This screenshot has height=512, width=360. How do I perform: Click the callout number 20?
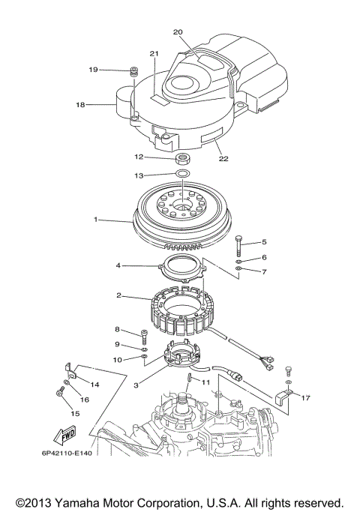coord(178,32)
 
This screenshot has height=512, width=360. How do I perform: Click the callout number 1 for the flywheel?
coord(95,220)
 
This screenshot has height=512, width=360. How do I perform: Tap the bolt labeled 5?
coord(238,245)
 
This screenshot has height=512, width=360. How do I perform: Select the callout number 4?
coord(118,265)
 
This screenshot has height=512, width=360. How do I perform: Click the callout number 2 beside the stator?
coord(118,295)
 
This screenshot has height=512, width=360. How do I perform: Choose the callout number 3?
coord(136,385)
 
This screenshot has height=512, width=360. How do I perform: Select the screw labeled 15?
coord(58,392)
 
